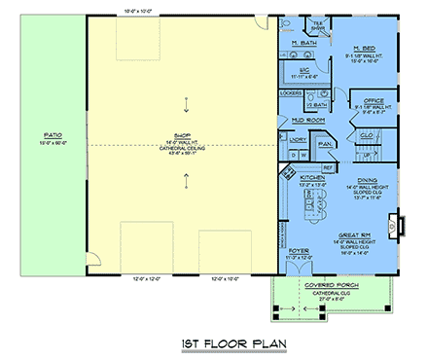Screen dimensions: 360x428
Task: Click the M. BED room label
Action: [x=365, y=48]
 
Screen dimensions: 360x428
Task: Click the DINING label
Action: [x=367, y=180]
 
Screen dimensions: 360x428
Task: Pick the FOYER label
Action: [x=298, y=255]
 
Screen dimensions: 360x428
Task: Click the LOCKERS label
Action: [x=290, y=93]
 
